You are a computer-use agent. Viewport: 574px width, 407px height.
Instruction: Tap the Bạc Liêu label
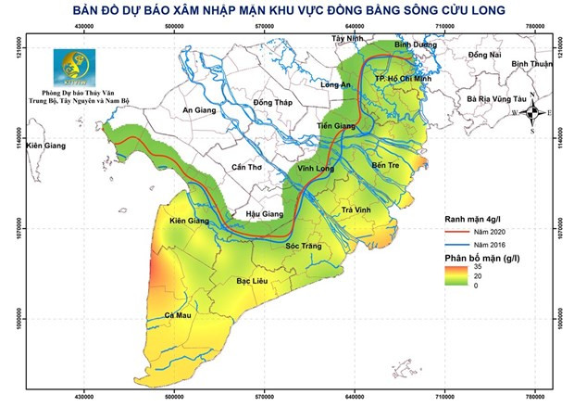click(x=253, y=279)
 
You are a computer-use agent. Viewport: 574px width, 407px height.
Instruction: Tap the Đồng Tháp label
click(x=271, y=102)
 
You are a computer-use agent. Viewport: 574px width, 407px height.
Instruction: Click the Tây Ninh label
click(x=350, y=39)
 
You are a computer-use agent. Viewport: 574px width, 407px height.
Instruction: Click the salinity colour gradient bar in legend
click(x=451, y=276)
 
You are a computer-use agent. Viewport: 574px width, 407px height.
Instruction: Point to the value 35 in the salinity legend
click(x=477, y=267)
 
